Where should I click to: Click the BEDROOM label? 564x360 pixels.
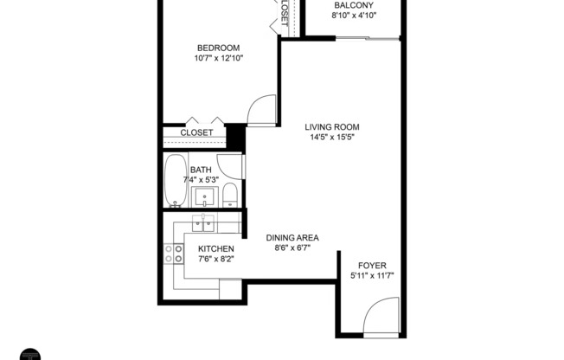click(x=217, y=48)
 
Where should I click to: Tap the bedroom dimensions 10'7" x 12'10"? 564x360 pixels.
click(x=217, y=59)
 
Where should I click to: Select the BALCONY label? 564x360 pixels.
click(x=353, y=5)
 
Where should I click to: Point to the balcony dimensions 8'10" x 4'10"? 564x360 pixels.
click(x=353, y=16)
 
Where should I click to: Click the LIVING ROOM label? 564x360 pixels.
click(x=330, y=127)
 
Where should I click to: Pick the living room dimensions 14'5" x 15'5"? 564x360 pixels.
click(x=330, y=138)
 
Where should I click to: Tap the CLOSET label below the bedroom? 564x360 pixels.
click(x=196, y=132)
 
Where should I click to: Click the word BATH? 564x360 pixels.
click(x=201, y=170)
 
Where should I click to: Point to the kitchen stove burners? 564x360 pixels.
click(x=174, y=253)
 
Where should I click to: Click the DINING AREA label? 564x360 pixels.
click(x=292, y=237)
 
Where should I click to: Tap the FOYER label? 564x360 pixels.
click(x=374, y=265)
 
